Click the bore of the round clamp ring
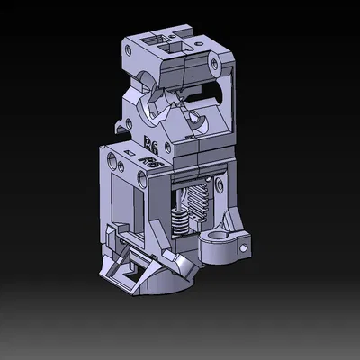pos(222,240)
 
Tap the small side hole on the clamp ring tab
pos(244,244)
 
